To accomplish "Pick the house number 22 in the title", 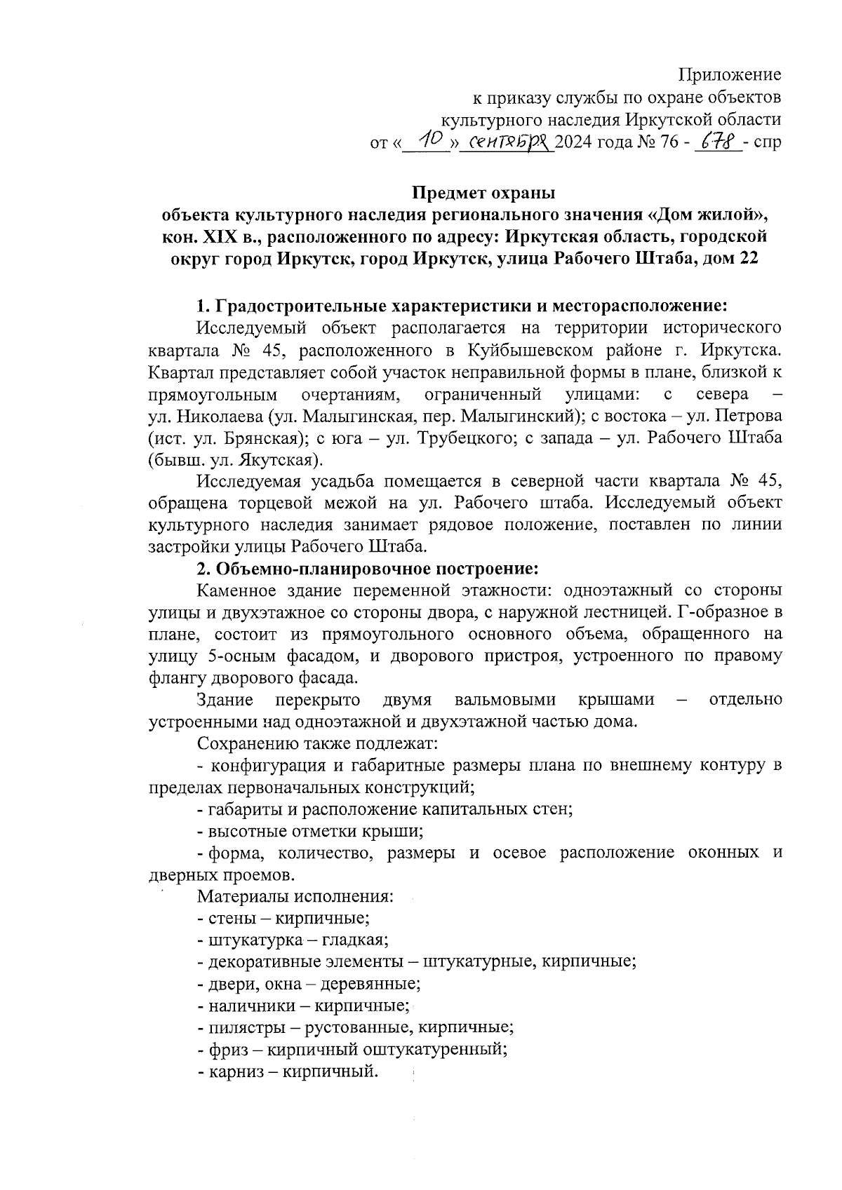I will tap(749, 259).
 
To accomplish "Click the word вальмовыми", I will tap(505, 700).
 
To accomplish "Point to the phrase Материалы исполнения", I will tap(295, 897).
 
